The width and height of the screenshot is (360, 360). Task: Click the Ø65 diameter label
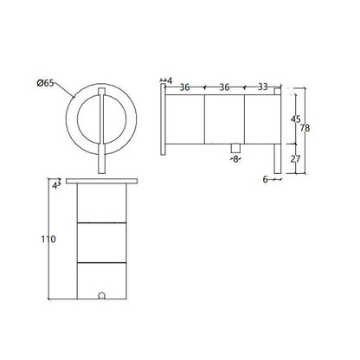pyautogui.click(x=45, y=83)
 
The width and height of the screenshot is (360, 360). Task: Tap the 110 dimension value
pyautogui.click(x=48, y=239)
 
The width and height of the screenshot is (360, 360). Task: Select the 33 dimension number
pyautogui.click(x=262, y=87)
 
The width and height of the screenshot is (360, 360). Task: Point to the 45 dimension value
pyautogui.click(x=295, y=119)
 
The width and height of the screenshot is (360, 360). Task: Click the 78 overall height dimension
pyautogui.click(x=305, y=128)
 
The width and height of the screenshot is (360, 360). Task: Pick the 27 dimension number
pyautogui.click(x=295, y=158)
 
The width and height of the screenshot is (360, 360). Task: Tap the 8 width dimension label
pyautogui.click(x=235, y=159)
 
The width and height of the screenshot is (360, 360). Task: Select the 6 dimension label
pyautogui.click(x=266, y=179)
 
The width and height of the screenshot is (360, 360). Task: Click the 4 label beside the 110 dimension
pyautogui.click(x=55, y=186)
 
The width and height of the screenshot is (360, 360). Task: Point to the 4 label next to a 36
pyautogui.click(x=170, y=80)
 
